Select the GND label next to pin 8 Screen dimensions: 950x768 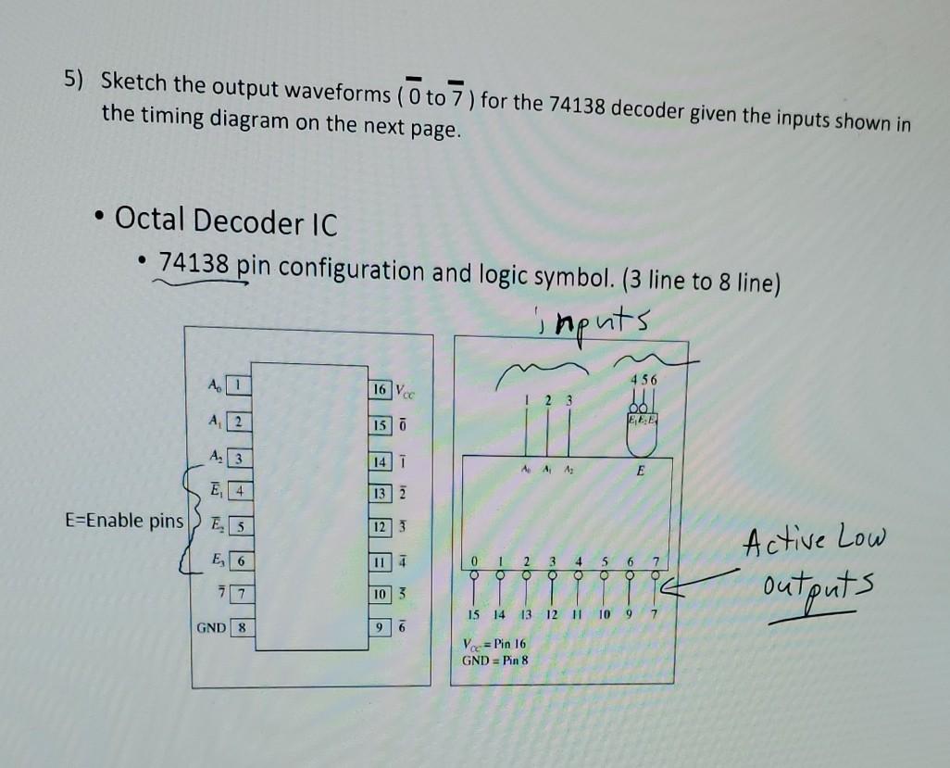point(210,627)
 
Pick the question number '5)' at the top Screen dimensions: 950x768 point(73,80)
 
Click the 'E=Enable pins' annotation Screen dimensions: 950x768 point(125,520)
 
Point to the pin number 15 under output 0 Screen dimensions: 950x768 point(472,614)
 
